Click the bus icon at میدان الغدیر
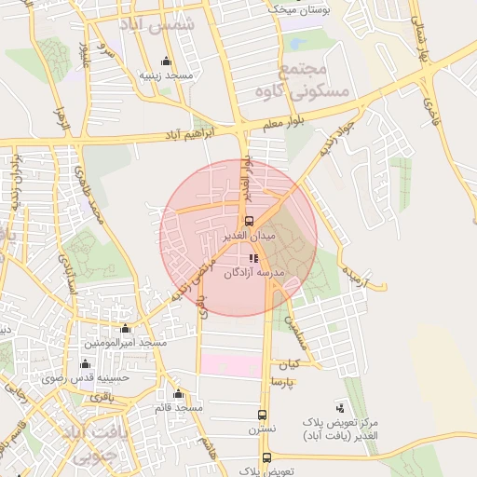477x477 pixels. (248, 222)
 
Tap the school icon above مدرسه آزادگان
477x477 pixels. (252, 258)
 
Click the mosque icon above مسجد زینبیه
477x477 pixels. (167, 61)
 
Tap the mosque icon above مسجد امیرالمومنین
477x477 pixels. (126, 329)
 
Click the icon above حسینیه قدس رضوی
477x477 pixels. (85, 363)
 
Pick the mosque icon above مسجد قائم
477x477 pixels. (178, 393)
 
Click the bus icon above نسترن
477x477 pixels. (262, 416)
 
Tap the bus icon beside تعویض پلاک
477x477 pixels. (267, 457)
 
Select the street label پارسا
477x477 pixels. (283, 382)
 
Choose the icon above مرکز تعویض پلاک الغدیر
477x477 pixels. (340, 407)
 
